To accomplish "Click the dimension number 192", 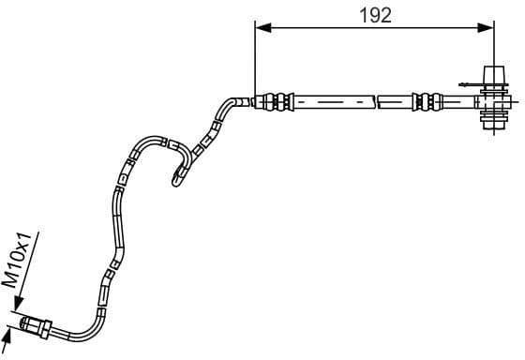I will [x=374, y=14].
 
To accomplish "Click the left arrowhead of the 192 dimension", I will [x=262, y=28].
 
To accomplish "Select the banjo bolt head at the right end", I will [x=490, y=76].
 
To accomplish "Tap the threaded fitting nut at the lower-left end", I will [x=37, y=326].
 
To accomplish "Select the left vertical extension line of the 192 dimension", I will [x=254, y=56].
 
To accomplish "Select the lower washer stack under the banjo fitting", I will [x=490, y=118].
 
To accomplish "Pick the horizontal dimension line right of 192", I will [x=441, y=28].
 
